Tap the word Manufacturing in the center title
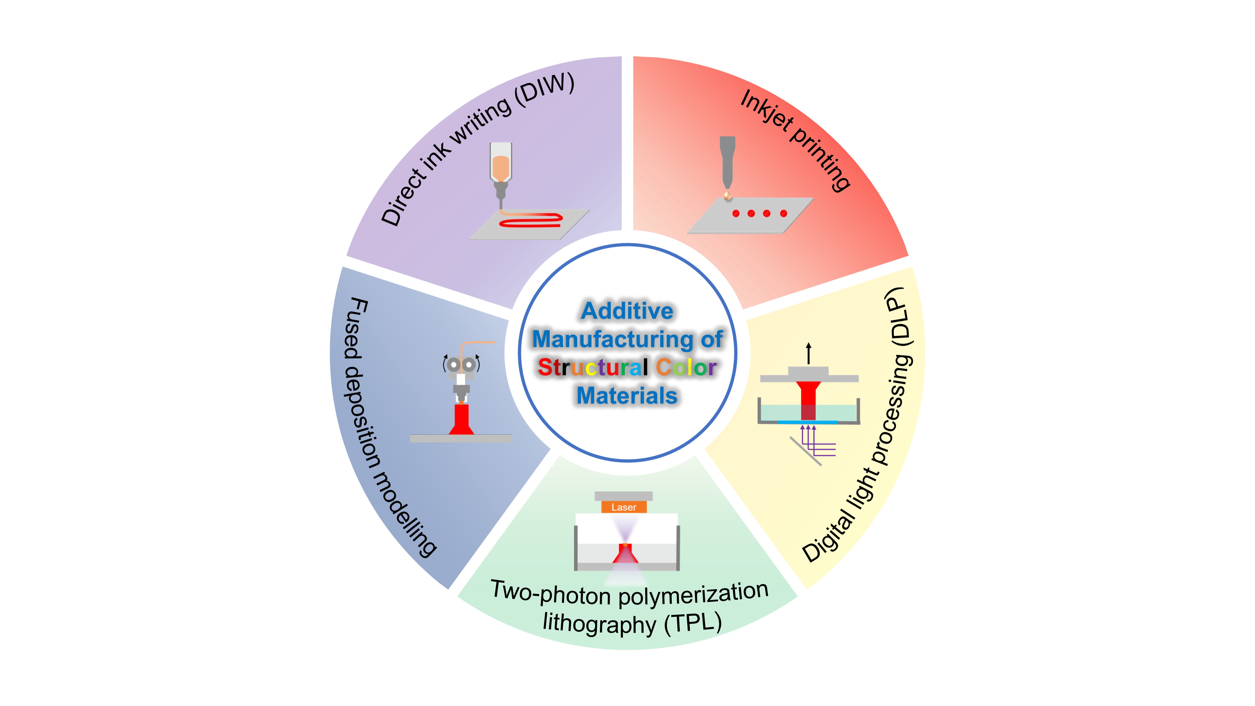coord(611,339)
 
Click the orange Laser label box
coord(623,507)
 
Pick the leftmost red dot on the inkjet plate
coord(736,213)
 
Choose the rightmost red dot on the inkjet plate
coord(783,213)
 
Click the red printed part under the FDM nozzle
coord(461,419)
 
